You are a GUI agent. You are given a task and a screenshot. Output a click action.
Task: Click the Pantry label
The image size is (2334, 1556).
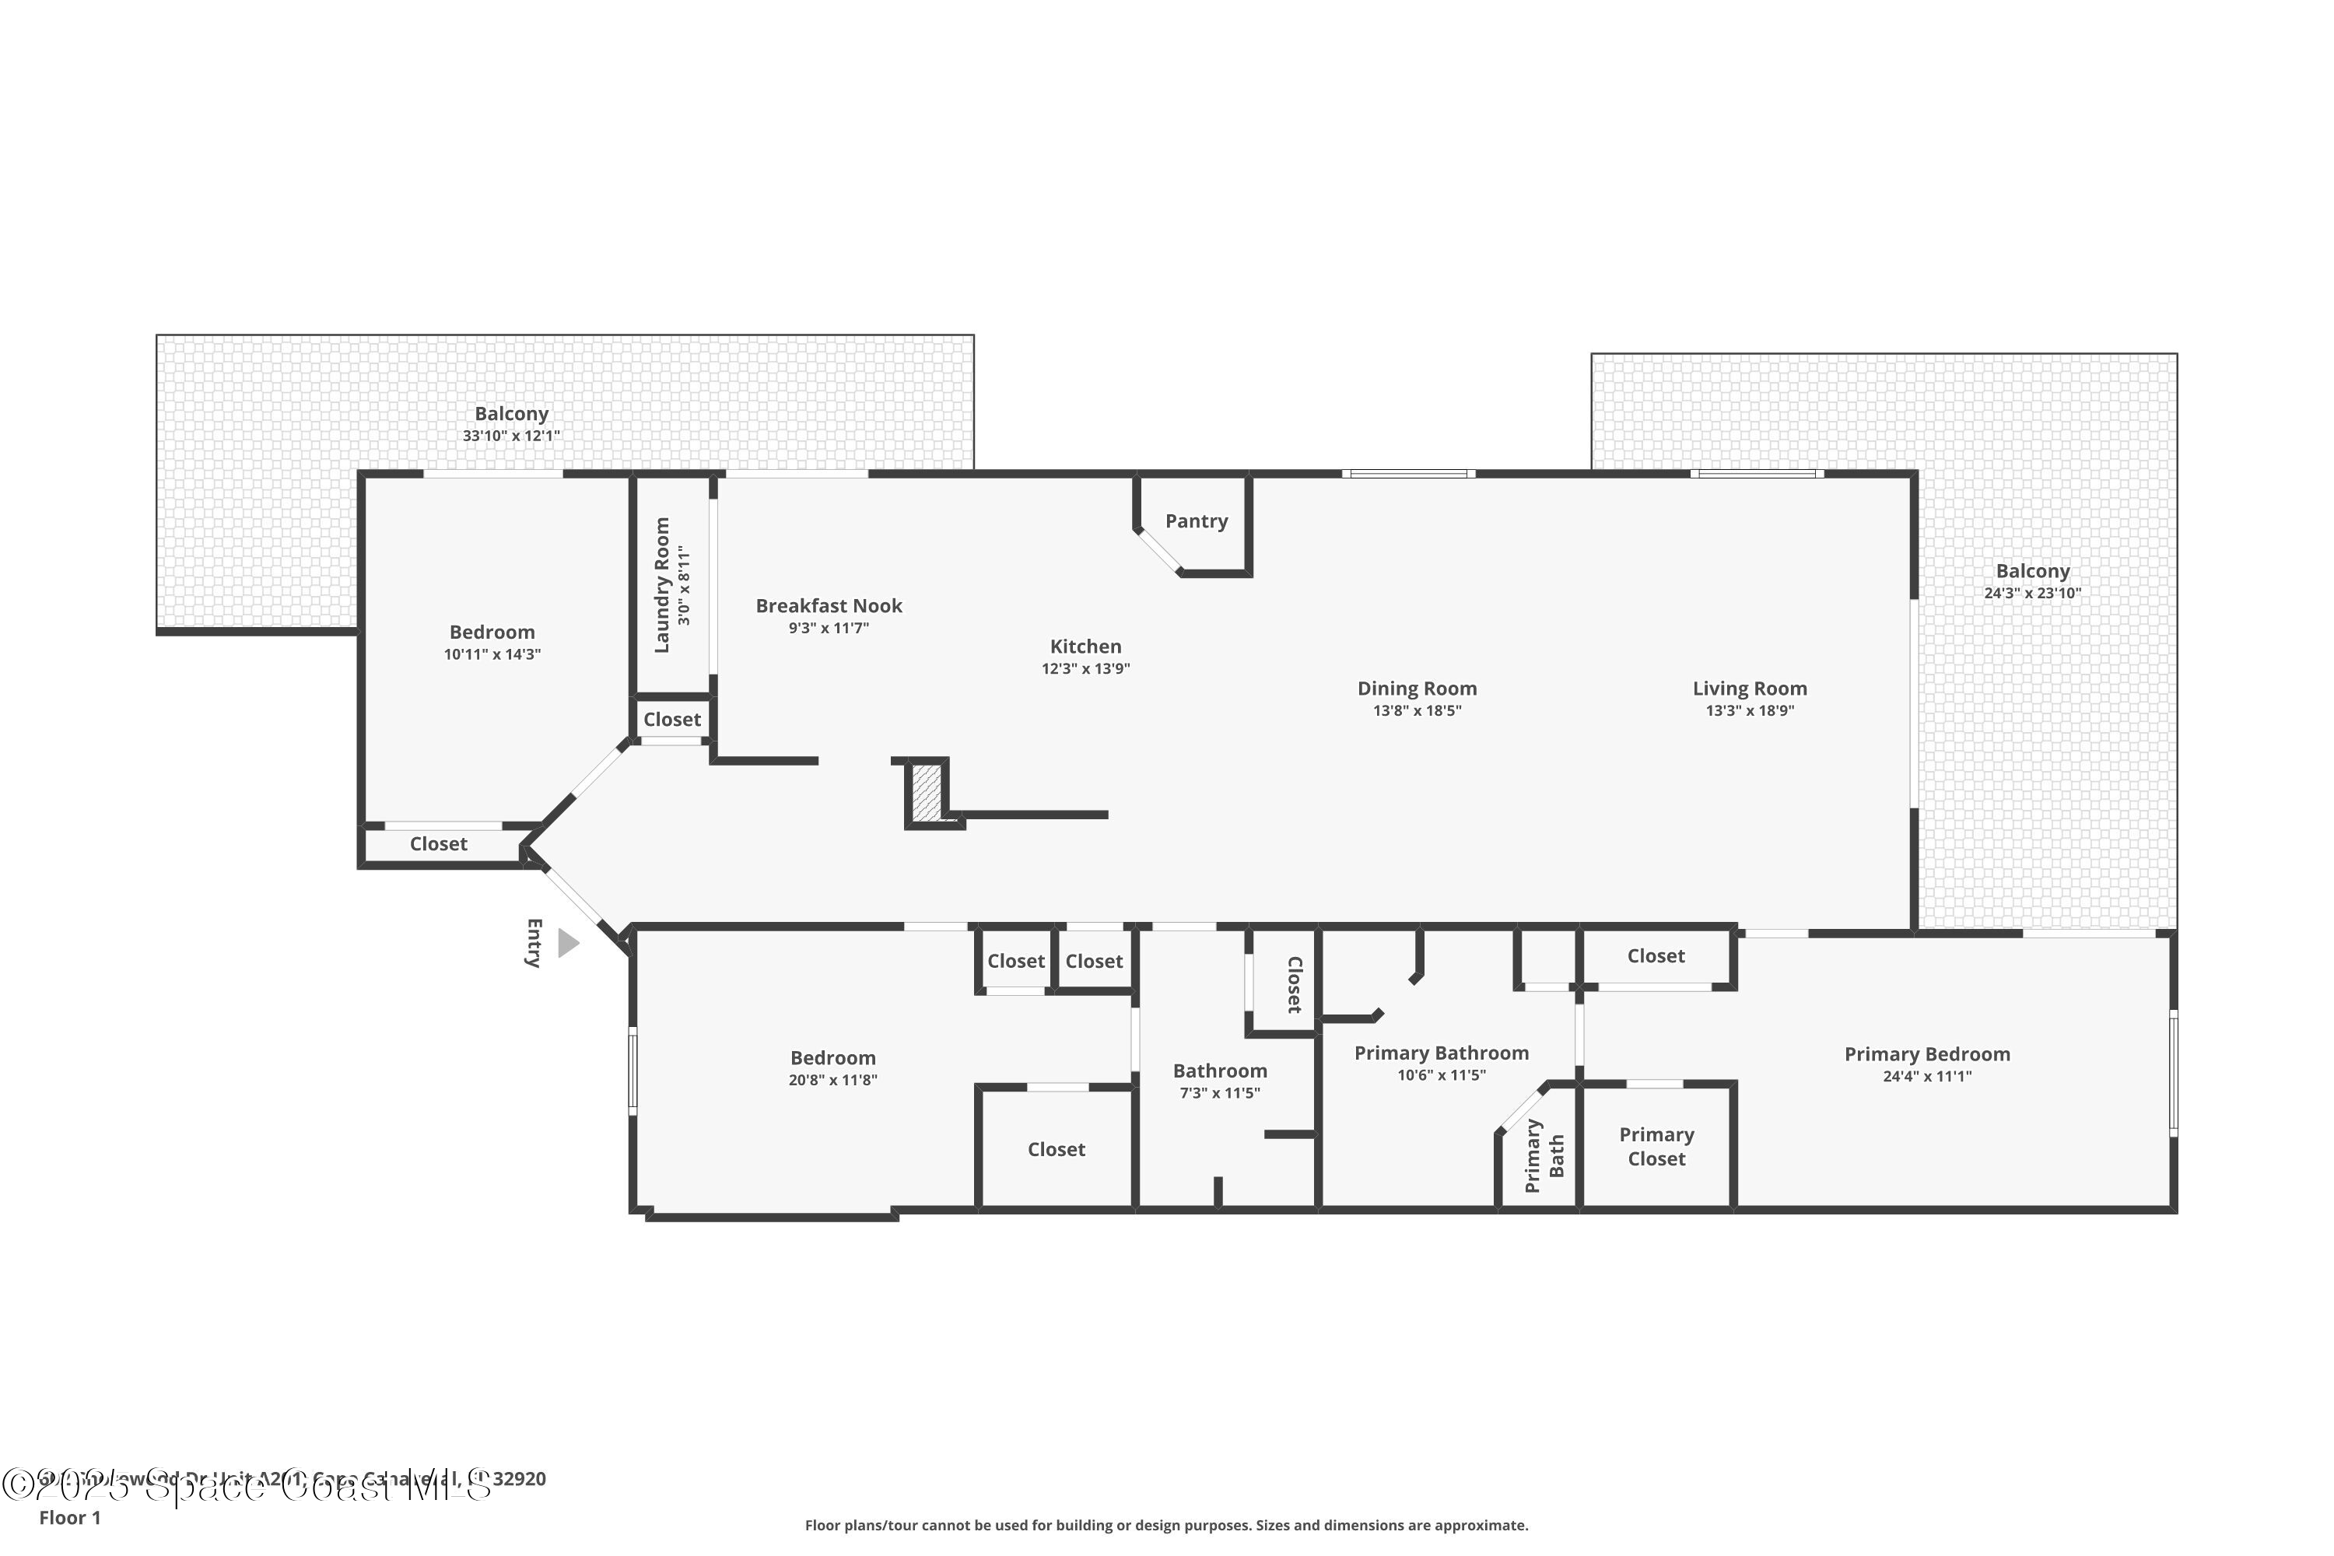[1196, 521]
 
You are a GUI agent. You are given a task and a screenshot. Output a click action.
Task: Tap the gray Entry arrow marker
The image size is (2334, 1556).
[568, 943]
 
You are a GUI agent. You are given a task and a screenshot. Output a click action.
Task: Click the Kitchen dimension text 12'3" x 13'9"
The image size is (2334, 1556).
[1085, 669]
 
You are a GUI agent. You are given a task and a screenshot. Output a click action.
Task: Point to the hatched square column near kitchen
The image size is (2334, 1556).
[927, 791]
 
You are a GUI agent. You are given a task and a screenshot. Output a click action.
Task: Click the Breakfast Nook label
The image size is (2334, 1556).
[829, 605]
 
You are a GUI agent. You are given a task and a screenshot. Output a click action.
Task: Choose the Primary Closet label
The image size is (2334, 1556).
[1656, 1146]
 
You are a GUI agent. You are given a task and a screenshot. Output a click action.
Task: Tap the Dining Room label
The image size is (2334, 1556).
[1417, 688]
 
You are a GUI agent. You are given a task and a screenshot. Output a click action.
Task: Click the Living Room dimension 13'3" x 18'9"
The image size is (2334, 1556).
[1750, 710]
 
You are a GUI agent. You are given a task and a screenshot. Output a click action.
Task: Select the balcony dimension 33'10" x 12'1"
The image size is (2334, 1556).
[511, 436]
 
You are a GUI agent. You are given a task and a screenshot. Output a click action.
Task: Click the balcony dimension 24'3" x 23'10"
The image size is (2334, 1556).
[2032, 594]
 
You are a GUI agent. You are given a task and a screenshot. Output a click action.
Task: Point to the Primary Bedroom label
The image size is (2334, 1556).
[1927, 1054]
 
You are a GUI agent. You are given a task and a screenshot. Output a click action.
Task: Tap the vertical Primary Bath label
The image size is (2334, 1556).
[1544, 1155]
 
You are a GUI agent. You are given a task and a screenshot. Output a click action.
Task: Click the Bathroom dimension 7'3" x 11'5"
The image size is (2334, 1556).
[1220, 1092]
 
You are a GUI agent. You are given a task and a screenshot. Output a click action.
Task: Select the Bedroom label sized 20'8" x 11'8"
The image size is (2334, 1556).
[832, 1058]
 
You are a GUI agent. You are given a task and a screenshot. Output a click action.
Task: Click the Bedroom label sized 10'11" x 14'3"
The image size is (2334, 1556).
[492, 632]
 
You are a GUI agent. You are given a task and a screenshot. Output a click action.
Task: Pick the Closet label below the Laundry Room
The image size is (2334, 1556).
[672, 720]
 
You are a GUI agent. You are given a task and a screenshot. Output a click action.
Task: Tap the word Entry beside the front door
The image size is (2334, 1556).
[534, 943]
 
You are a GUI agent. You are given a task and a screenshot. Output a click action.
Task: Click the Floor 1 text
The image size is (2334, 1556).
[69, 1517]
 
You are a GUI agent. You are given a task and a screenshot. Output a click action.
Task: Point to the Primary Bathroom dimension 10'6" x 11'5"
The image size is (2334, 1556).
[1441, 1074]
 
